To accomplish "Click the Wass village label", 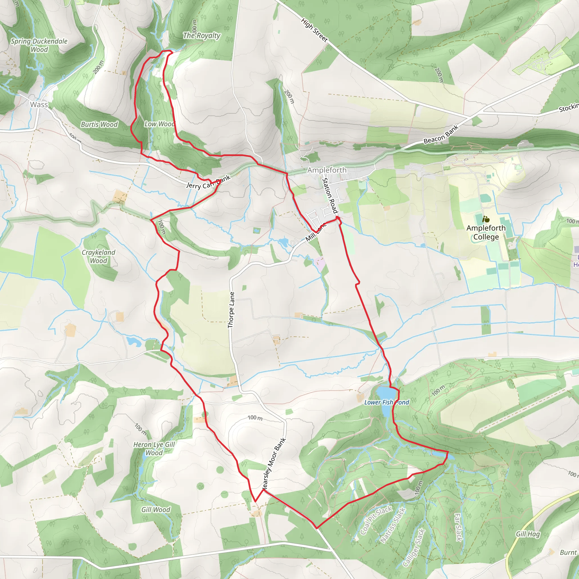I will [x=39, y=105].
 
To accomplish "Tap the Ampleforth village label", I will [x=327, y=170].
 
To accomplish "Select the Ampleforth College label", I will [x=486, y=232].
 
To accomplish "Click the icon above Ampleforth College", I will [x=486, y=219].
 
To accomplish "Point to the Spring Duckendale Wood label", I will [x=39, y=45].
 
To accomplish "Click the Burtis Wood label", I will [x=99, y=124].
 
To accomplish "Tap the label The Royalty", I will [x=202, y=36].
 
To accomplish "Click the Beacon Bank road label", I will [x=441, y=134].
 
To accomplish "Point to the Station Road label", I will [x=330, y=196].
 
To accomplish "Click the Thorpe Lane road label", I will [x=231, y=310].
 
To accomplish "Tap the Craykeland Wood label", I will [x=99, y=256].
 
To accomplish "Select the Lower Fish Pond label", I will [x=386, y=402].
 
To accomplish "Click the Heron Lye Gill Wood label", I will [x=154, y=449].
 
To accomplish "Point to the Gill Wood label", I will [x=155, y=510].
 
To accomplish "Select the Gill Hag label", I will [x=528, y=534].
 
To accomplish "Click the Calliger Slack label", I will [x=414, y=548].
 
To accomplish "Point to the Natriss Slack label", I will [x=393, y=525].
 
